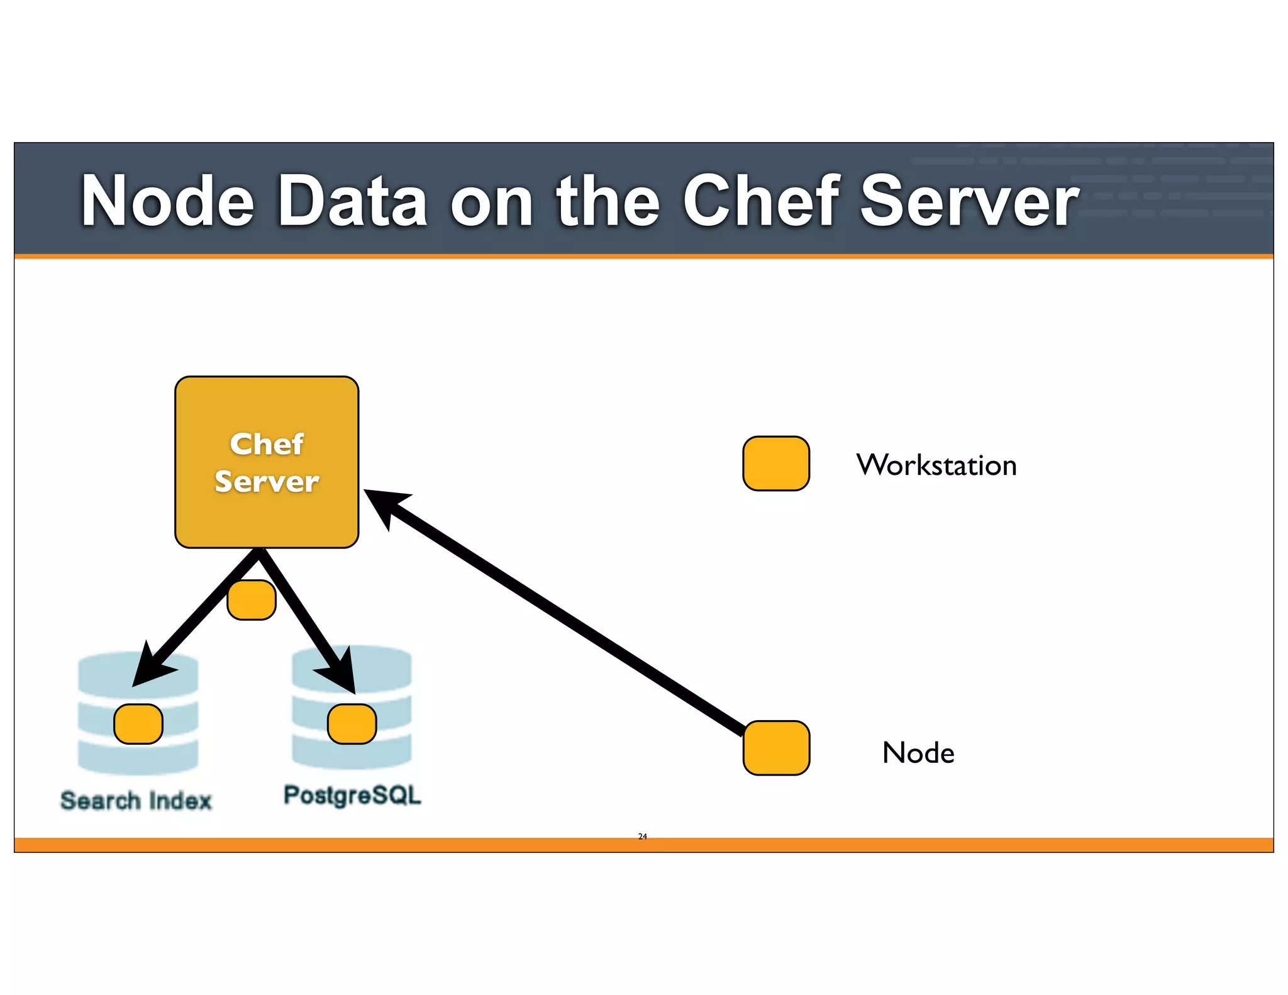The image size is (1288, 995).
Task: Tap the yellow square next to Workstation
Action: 775,464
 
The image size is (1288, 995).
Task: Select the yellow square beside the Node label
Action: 776,748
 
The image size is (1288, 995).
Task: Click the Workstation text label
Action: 936,465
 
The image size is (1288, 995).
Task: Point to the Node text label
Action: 918,753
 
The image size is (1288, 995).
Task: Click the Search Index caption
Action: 136,801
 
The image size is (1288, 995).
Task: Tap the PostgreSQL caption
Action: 352,795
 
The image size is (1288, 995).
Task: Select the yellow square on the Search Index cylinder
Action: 138,724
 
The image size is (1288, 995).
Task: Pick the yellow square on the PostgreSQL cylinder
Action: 352,724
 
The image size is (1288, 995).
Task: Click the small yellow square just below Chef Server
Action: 252,600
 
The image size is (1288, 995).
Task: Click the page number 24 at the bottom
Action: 642,837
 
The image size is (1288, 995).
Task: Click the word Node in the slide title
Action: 167,201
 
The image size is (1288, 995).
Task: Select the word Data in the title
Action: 352,201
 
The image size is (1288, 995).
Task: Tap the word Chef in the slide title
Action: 760,201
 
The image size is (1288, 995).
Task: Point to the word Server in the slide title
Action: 969,201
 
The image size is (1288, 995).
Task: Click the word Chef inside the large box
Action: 267,444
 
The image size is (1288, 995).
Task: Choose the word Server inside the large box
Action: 267,482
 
